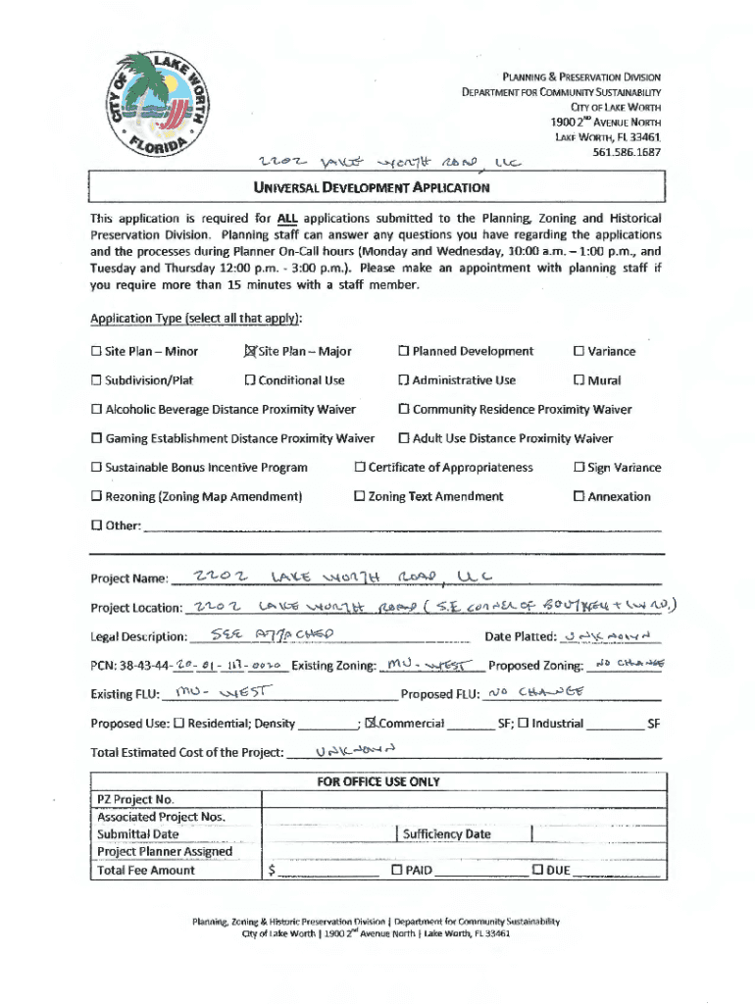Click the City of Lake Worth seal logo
[159, 105]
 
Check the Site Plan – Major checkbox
[249, 352]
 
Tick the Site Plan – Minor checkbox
[96, 352]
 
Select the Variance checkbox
[579, 352]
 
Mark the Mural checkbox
[579, 380]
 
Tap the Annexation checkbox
[579, 497]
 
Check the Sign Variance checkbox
[579, 468]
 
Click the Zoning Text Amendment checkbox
[359, 497]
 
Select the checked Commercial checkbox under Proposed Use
[371, 725]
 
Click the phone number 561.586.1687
[627, 152]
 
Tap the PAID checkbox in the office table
[397, 871]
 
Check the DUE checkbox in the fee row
[537, 871]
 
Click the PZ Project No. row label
[135, 799]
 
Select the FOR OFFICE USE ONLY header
[377, 781]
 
